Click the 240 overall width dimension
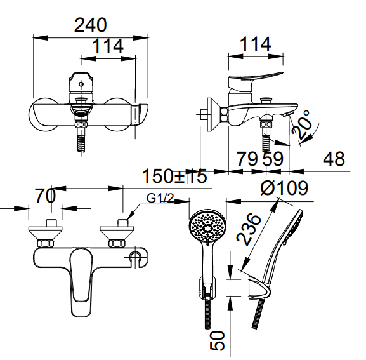pyautogui.click(x=90, y=25)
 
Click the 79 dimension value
pyautogui.click(x=247, y=158)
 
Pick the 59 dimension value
pyautogui.click(x=272, y=158)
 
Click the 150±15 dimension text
pyautogui.click(x=174, y=176)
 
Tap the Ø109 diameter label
pyautogui.click(x=284, y=189)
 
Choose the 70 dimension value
pyautogui.click(x=45, y=196)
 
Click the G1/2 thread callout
pyautogui.click(x=160, y=198)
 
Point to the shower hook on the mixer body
pyautogui.click(x=135, y=257)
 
